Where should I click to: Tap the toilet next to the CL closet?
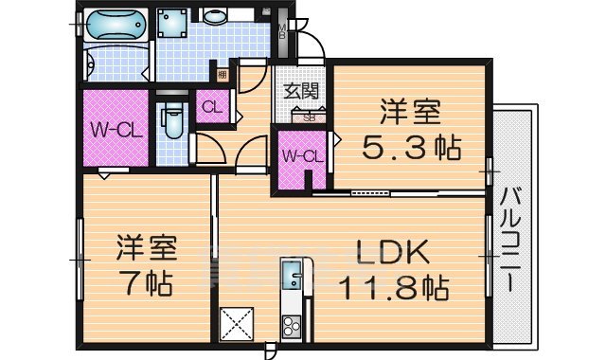172,120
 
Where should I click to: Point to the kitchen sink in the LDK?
291,276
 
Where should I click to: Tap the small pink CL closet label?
211,108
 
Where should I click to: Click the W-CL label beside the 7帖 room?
116,129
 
